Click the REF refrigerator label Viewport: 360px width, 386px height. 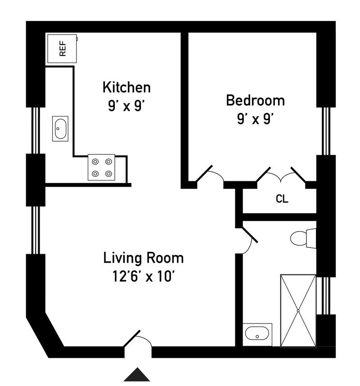click(x=63, y=49)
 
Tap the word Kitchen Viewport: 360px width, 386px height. click(x=126, y=87)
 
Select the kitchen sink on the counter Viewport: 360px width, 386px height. click(x=60, y=129)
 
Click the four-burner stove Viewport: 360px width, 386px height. click(x=101, y=167)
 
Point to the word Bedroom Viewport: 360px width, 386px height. click(x=255, y=100)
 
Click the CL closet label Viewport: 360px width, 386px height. click(x=282, y=199)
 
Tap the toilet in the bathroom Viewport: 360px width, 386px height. click(x=303, y=238)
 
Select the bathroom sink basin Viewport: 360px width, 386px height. click(x=257, y=334)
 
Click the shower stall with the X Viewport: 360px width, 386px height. click(x=298, y=311)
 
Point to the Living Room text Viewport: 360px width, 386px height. click(x=143, y=258)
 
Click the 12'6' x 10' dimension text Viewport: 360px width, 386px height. click(x=143, y=276)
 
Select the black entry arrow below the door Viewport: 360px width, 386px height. click(x=137, y=374)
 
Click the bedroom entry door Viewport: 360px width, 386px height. click(x=209, y=174)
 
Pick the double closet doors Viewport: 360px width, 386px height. click(x=281, y=175)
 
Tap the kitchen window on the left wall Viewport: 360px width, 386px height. click(x=36, y=130)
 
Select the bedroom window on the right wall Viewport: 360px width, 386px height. click(x=326, y=131)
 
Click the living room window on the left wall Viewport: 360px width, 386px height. click(x=36, y=230)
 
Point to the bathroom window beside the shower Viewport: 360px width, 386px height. click(x=326, y=296)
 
